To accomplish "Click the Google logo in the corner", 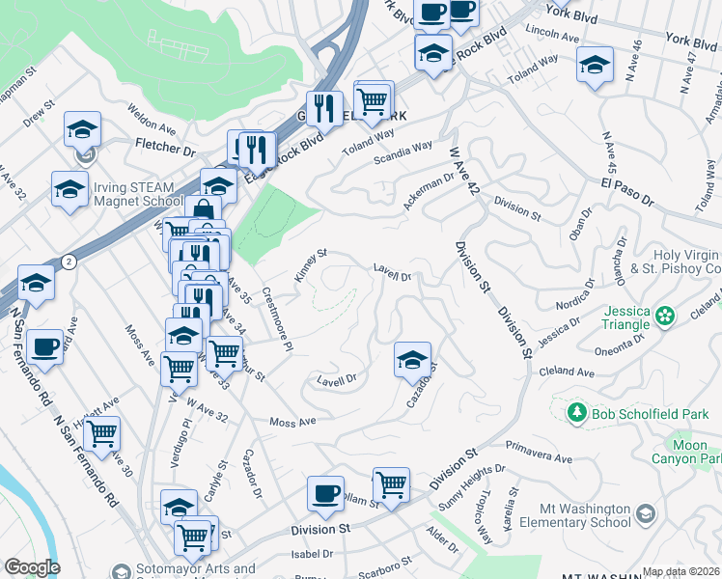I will [x=32, y=567].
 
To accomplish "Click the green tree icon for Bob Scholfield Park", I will [x=576, y=413].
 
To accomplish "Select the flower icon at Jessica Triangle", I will [x=665, y=316].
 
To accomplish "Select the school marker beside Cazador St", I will [x=412, y=360].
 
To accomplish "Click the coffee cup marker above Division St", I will [x=325, y=493].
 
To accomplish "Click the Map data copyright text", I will [x=680, y=571].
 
